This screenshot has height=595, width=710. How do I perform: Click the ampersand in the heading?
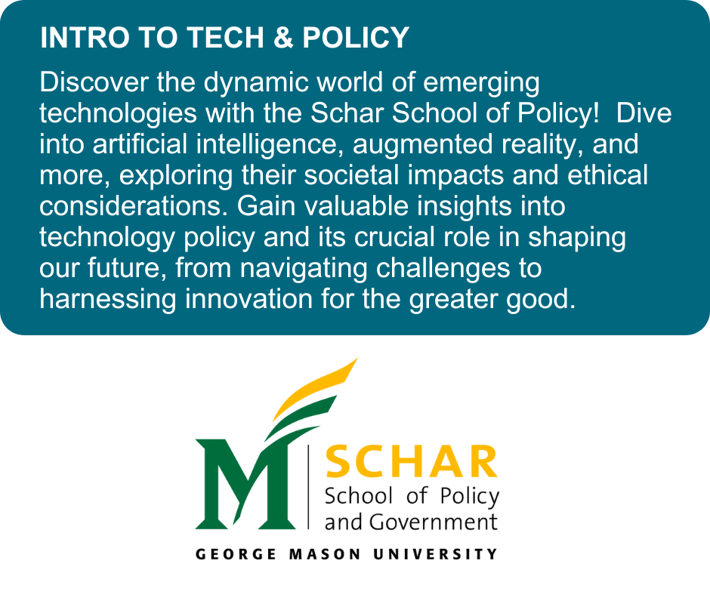coord(284,38)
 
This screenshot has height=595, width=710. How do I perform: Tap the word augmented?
coord(432,143)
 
